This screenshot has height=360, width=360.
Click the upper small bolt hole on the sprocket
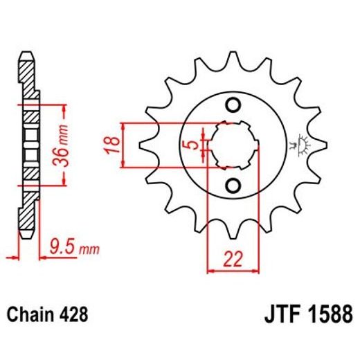[233, 105]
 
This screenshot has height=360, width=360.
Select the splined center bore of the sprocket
[233, 145]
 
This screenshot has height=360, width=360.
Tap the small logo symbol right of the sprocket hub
[303, 145]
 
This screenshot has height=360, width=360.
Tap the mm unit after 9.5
[91, 247]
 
